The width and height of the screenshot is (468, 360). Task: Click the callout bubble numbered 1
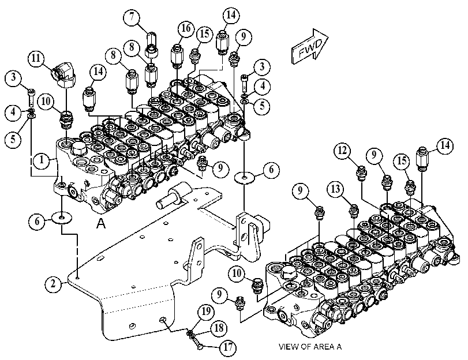(42, 160)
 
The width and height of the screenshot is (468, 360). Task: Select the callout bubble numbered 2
(53, 283)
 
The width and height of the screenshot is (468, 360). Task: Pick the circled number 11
(36, 58)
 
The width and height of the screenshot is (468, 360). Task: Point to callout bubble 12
(342, 151)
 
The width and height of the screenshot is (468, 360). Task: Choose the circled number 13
(335, 189)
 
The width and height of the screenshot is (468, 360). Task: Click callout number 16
(186, 29)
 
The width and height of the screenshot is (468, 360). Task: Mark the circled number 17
(228, 347)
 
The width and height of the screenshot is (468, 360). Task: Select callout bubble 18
(219, 328)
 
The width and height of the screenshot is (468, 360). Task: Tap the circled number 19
(206, 312)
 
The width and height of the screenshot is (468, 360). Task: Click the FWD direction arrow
(310, 47)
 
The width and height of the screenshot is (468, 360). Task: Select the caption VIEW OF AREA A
(310, 347)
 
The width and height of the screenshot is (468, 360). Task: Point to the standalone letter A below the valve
(101, 224)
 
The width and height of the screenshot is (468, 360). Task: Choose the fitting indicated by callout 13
(354, 211)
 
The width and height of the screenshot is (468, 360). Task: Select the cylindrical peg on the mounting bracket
(170, 196)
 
